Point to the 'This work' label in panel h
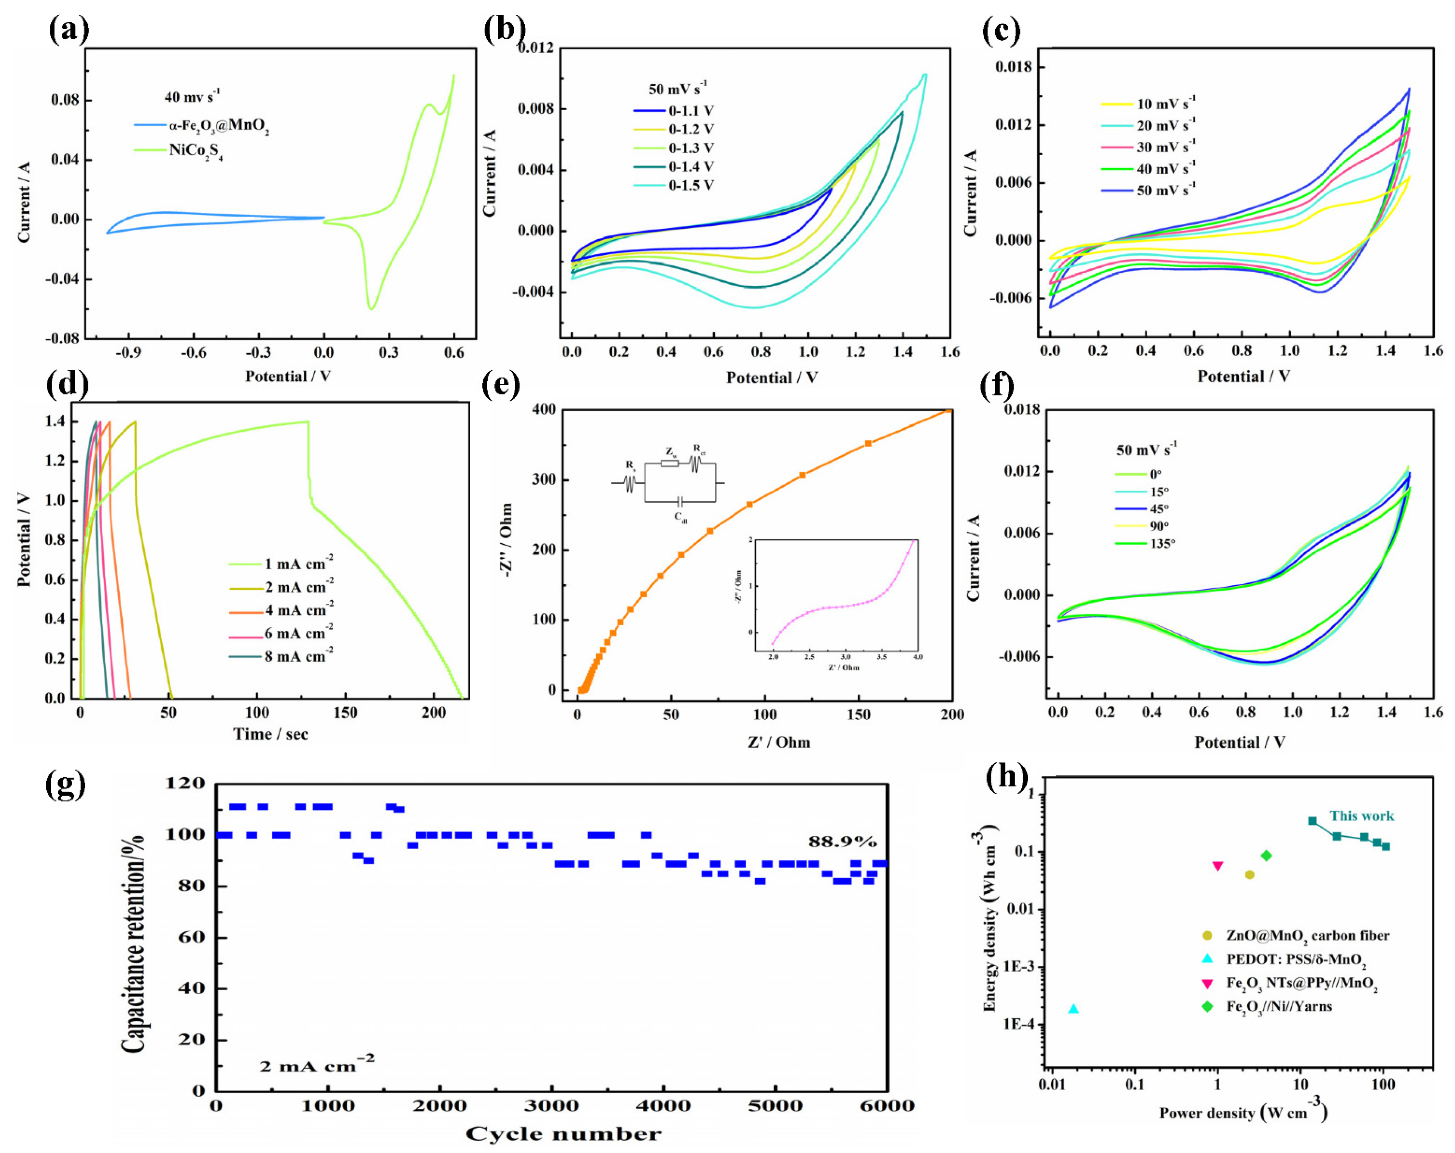click(x=1361, y=816)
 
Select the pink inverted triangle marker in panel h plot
click(x=1218, y=866)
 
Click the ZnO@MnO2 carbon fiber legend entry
click(x=1307, y=936)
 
